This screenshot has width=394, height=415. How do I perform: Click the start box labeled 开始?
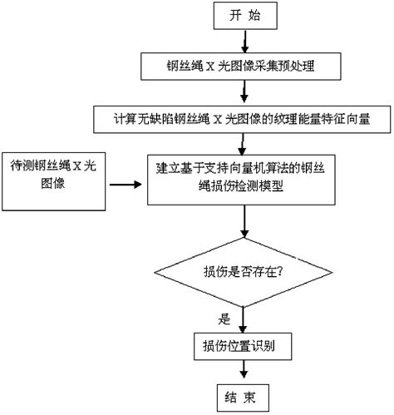[242, 16]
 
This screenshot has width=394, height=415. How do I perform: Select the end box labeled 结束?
[242, 394]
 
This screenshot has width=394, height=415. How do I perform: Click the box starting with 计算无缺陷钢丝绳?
[242, 118]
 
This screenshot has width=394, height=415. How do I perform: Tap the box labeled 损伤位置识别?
[242, 343]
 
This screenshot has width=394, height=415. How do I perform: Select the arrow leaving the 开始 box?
[242, 39]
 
